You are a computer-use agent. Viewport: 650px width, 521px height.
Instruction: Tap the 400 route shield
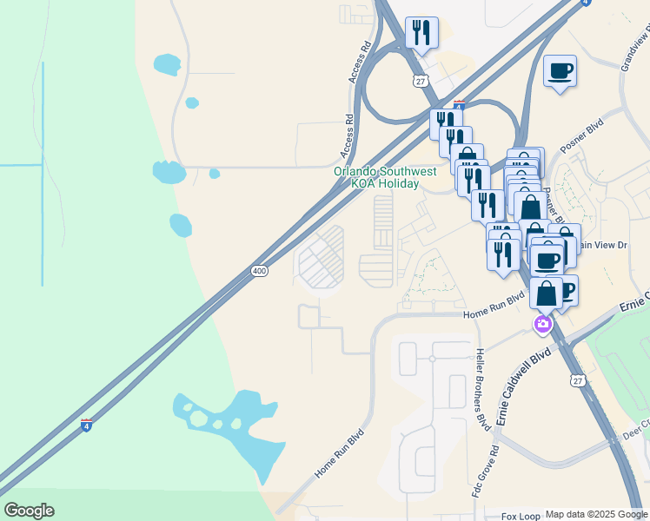(259, 272)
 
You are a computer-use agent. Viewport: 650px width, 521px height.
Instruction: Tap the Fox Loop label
(521, 515)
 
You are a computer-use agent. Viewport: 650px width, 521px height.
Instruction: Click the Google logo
(29, 511)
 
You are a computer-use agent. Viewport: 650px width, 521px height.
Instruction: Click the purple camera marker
(543, 325)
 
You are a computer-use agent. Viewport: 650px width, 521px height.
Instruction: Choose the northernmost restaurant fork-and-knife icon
(421, 33)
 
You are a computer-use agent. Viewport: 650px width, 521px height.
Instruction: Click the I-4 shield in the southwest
(86, 425)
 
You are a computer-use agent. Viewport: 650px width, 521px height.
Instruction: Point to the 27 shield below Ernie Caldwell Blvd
(578, 380)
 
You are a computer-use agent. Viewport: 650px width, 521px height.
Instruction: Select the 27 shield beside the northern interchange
(421, 81)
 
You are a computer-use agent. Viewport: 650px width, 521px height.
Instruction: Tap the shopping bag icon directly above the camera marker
(547, 292)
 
